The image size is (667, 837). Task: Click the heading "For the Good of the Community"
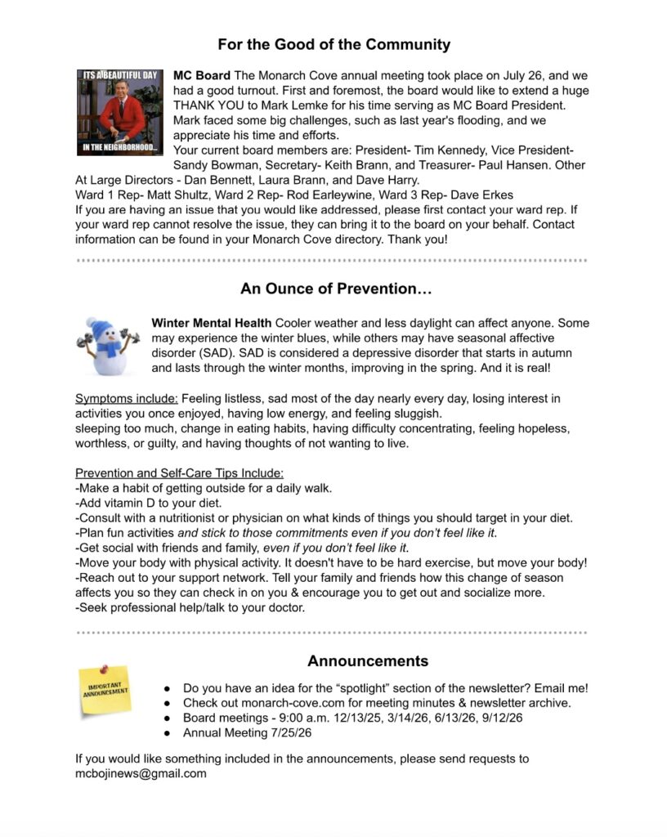point(333,44)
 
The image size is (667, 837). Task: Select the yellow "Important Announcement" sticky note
point(105,692)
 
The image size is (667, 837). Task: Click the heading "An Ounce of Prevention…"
point(336,289)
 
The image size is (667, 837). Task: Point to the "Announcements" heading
point(368,660)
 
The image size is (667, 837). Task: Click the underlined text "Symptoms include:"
point(127,399)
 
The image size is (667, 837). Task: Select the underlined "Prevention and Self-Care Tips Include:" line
point(180,473)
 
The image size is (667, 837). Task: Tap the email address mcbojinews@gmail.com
point(141,773)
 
